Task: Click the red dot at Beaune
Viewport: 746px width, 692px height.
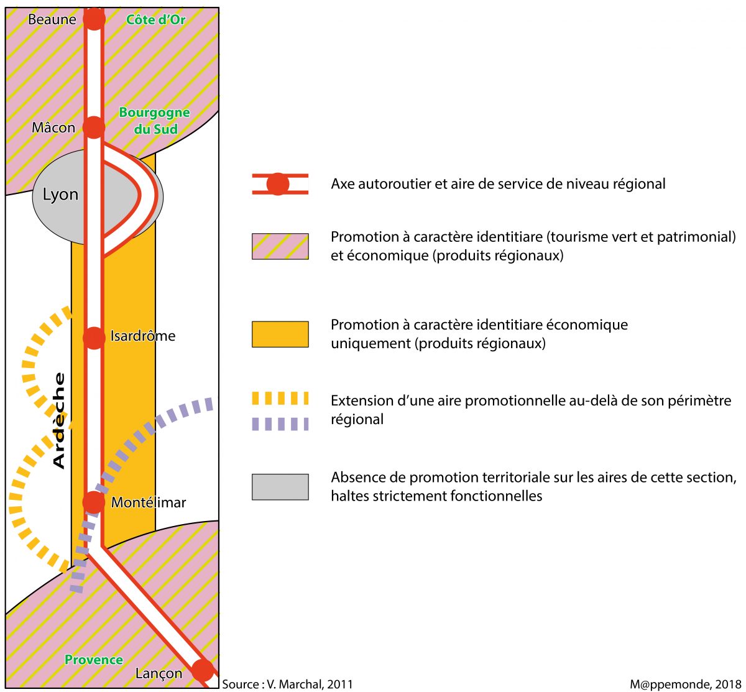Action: pos(94,19)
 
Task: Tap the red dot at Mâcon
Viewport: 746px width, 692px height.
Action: pos(94,127)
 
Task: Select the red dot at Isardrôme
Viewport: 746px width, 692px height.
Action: pos(94,338)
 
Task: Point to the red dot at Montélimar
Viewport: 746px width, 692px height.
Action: pos(94,502)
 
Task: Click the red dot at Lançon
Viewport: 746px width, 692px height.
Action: pos(202,671)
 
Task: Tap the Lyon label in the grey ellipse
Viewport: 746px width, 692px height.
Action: pos(60,195)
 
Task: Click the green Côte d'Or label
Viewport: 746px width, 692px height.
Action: pos(155,20)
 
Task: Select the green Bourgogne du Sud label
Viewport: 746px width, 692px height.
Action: pos(154,121)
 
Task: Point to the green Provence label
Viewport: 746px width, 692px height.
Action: pos(94,660)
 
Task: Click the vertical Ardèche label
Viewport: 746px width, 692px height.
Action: pos(59,420)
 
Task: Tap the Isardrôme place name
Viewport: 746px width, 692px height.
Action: pos(143,336)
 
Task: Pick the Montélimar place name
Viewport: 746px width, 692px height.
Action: pos(149,502)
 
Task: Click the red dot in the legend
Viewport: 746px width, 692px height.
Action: pos(278,184)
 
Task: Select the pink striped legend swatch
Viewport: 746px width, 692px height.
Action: pos(280,246)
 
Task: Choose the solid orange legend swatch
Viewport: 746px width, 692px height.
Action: pos(280,334)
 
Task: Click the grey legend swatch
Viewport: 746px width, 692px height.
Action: pos(280,487)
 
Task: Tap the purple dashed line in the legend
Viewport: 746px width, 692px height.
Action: pos(280,424)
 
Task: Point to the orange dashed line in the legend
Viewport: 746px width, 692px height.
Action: pos(280,399)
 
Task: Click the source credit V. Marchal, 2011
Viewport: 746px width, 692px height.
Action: pos(288,684)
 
